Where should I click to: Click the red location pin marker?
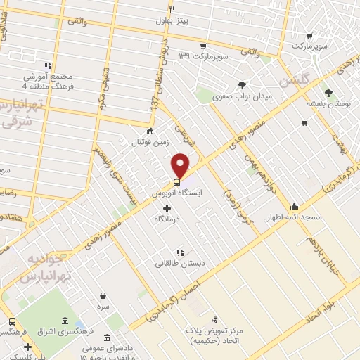(181, 165)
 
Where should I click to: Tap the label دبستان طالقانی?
(181, 263)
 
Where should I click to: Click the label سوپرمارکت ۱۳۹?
(205, 55)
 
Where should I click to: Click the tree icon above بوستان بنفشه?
(328, 92)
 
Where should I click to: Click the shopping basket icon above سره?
(103, 295)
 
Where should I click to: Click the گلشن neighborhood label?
(293, 82)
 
